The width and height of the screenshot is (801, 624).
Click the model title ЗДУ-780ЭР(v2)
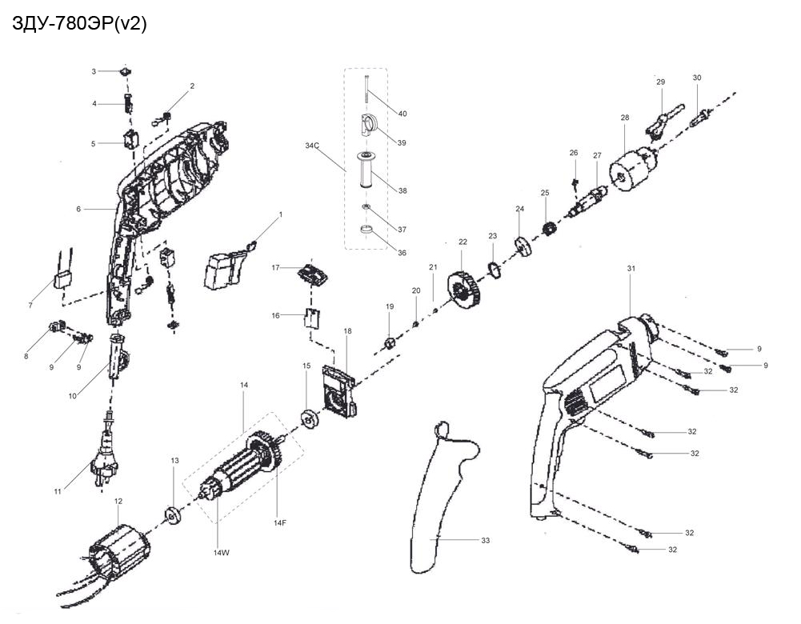[78, 24]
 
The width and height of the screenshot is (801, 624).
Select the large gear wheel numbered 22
[464, 291]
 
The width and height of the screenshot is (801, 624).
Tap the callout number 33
[485, 540]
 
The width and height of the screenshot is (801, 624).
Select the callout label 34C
[312, 146]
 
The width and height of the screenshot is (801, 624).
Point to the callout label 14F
[280, 523]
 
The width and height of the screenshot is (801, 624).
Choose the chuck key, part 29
[664, 121]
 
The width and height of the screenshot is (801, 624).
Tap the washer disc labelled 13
[172, 515]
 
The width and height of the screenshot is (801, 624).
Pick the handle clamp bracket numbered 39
[368, 126]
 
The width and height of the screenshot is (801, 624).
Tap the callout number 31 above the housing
[631, 269]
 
